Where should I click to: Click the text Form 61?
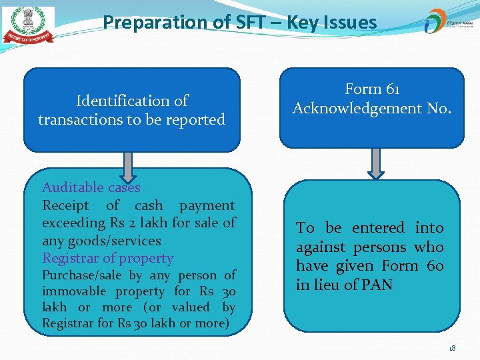point(372,89)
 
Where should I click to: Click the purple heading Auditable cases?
point(91,188)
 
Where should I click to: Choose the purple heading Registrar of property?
point(107,259)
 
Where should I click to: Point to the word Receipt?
point(67,206)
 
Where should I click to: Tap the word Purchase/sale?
point(83,275)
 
